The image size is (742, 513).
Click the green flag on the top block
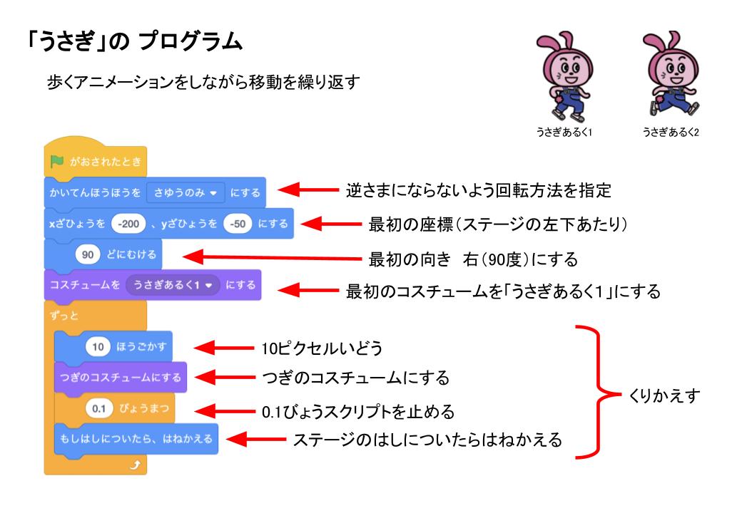coord(56,163)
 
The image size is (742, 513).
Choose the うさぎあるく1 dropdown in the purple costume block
coord(171,284)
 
